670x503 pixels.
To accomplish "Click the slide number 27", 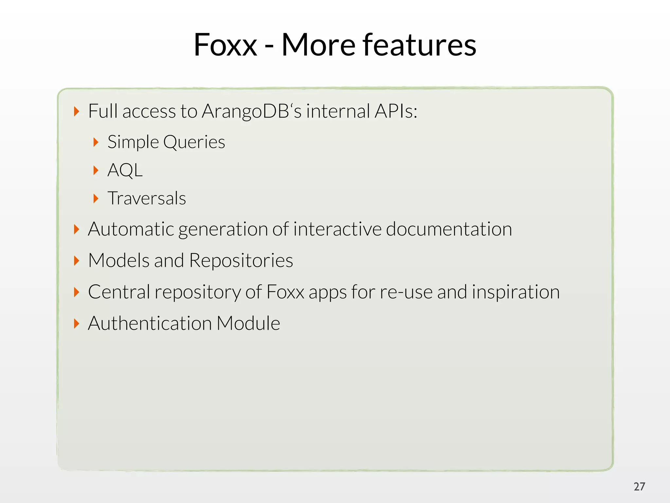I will point(639,487).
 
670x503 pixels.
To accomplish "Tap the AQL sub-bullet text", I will point(125,170).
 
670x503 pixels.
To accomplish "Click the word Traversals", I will point(147,198).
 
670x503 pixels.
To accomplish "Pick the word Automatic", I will point(131,229).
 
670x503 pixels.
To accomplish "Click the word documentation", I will point(449,229).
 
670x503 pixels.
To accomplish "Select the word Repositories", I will point(241,260).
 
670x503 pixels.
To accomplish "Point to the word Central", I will point(119,292).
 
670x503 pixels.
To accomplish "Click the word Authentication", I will point(150,323).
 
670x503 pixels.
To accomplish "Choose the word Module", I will point(248,323).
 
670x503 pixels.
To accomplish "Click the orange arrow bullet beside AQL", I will point(96,170).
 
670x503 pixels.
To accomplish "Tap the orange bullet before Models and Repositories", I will point(77,261).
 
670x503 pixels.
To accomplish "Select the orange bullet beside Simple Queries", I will point(96,142).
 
